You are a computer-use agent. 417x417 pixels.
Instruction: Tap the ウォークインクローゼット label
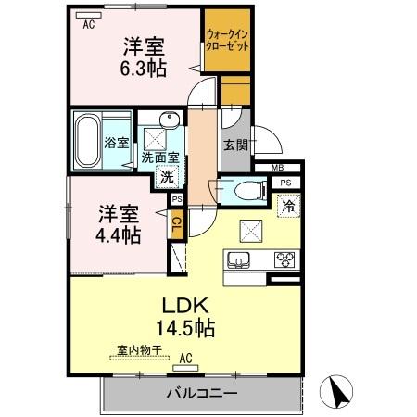(226, 40)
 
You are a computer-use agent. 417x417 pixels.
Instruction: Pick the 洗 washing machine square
(167, 177)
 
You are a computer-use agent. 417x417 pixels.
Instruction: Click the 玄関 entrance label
(234, 145)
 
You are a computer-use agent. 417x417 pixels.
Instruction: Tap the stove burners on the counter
(284, 259)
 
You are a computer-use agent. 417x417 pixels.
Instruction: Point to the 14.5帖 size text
(181, 328)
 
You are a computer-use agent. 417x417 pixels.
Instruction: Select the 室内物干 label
(139, 350)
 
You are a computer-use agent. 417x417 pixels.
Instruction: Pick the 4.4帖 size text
(120, 234)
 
